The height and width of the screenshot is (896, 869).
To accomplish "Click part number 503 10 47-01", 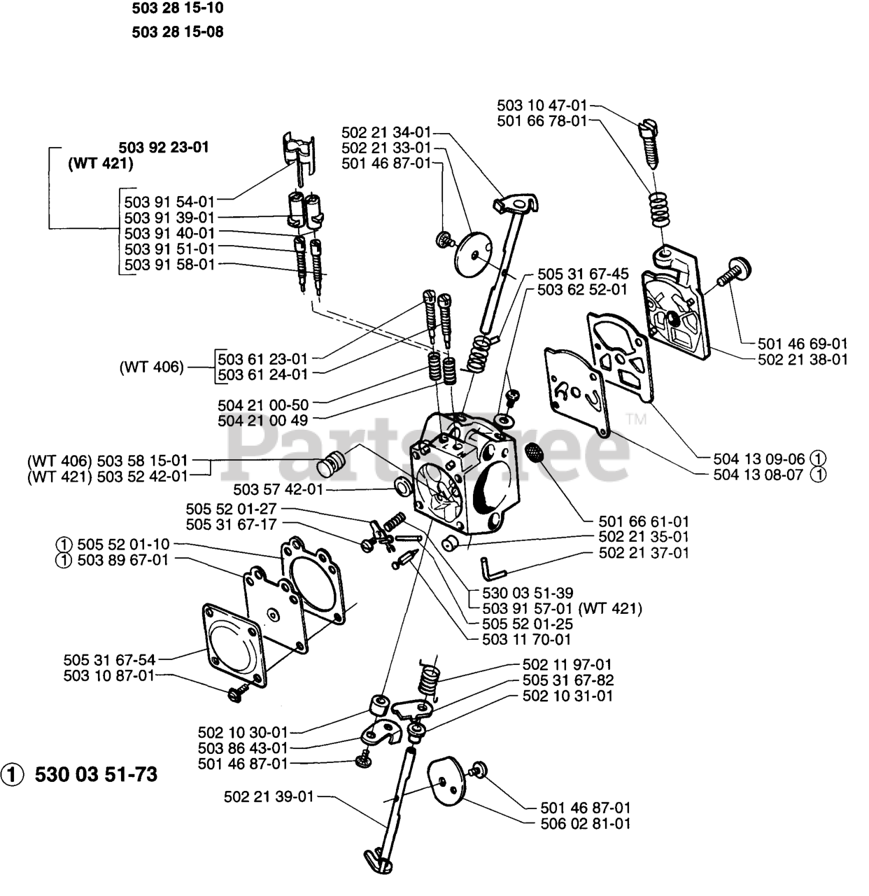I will click(543, 106).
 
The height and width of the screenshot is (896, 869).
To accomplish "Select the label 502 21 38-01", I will click(803, 359).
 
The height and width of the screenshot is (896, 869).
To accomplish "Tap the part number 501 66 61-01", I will click(644, 521).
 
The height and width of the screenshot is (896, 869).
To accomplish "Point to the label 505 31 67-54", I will click(109, 659).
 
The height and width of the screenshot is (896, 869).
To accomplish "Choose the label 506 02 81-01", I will click(586, 823).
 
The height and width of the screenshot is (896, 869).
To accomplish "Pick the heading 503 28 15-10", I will click(178, 9).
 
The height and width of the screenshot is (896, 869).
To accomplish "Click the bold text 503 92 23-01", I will click(164, 148).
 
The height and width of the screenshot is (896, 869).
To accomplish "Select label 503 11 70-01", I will click(527, 639).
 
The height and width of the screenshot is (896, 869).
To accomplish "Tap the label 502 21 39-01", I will click(269, 797).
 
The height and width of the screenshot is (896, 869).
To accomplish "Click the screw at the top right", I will click(650, 143).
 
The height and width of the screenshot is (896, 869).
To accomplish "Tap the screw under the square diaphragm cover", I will click(237, 692).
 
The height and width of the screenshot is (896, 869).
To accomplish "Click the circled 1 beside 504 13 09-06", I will click(817, 458).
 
